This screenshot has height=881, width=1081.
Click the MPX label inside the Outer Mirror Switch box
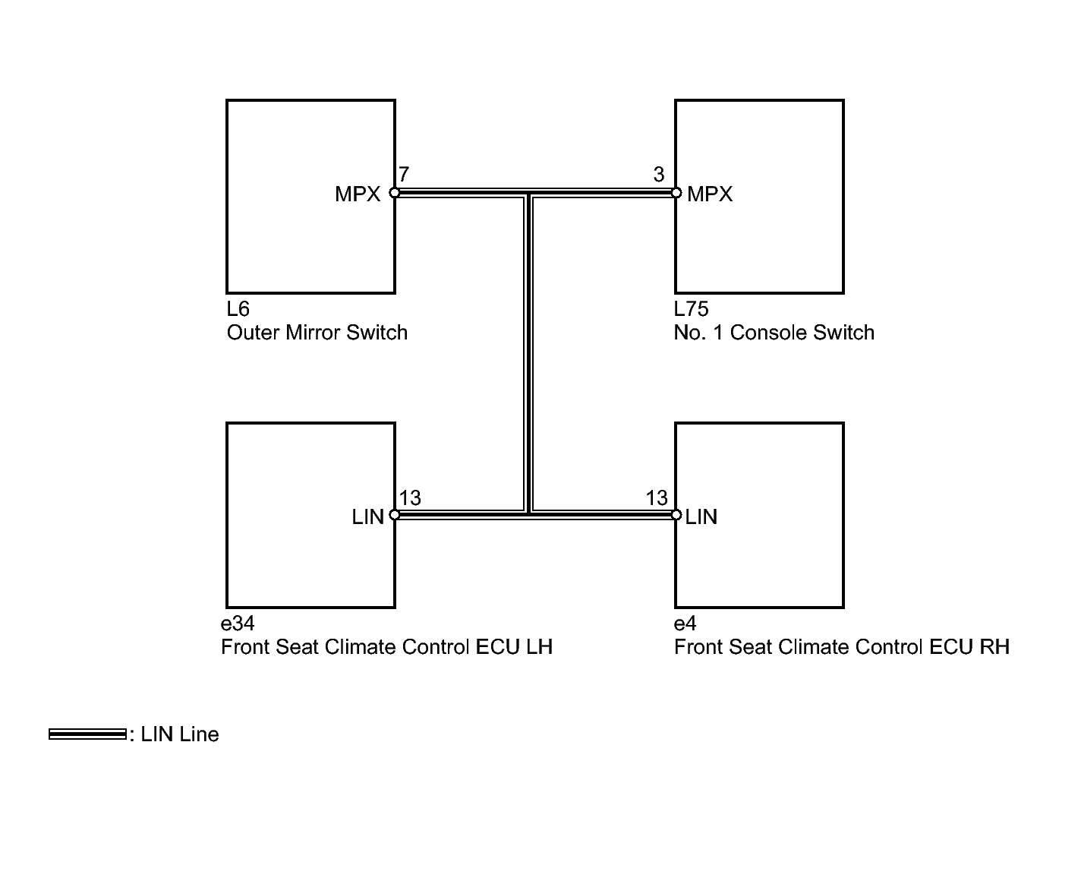pyautogui.click(x=358, y=194)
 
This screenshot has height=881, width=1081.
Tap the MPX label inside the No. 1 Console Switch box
pyautogui.click(x=710, y=194)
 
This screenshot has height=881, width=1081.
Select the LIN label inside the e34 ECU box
pyautogui.click(x=368, y=517)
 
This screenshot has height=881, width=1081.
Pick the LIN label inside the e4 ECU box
pyautogui.click(x=701, y=517)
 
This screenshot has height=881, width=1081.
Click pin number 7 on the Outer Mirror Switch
pyautogui.click(x=403, y=174)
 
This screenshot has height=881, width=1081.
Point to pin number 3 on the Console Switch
pyautogui.click(x=659, y=175)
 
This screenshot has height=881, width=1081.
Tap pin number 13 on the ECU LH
pyautogui.click(x=410, y=497)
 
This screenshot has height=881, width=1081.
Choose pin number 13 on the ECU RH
pyautogui.click(x=656, y=497)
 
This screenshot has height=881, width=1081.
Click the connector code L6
pyautogui.click(x=238, y=309)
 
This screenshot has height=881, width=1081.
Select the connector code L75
pyautogui.click(x=692, y=309)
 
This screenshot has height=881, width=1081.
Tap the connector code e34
pyautogui.click(x=238, y=623)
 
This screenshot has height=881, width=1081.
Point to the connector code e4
pyautogui.click(x=685, y=623)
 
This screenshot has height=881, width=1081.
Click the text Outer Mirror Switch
pyautogui.click(x=317, y=333)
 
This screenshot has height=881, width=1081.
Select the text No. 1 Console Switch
pyautogui.click(x=774, y=333)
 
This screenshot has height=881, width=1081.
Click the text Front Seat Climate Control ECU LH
pyautogui.click(x=386, y=647)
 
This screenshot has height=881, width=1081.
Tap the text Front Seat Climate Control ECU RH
pyautogui.click(x=842, y=647)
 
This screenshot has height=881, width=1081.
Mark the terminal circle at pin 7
pyautogui.click(x=394, y=193)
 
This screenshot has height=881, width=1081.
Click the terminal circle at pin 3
pyautogui.click(x=676, y=193)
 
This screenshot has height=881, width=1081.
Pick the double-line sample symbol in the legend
pyautogui.click(x=87, y=734)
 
